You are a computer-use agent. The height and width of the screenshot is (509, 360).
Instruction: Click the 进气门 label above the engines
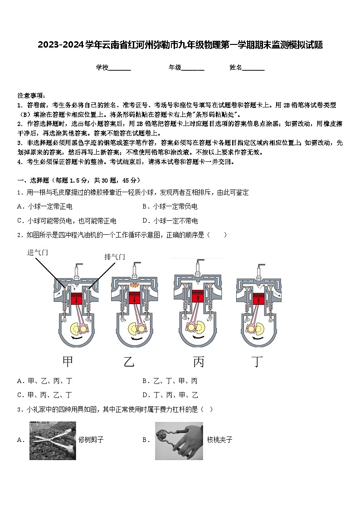click(38, 252)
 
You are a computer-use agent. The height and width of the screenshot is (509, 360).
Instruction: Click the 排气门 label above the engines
click(114, 257)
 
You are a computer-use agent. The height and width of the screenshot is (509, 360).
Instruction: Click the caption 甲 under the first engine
click(68, 361)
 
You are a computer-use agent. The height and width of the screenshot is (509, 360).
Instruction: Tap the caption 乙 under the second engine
click(129, 361)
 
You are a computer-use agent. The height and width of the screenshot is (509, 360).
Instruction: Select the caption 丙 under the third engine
click(199, 361)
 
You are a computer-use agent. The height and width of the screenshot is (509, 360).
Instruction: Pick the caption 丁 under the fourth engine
click(258, 361)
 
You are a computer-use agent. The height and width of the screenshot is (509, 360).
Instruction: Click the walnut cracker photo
click(179, 441)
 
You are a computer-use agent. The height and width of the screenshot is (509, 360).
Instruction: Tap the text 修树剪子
click(91, 440)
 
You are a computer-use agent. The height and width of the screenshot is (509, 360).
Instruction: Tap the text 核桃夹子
click(219, 440)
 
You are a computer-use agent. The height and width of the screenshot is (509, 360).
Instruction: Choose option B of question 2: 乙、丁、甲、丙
click(170, 381)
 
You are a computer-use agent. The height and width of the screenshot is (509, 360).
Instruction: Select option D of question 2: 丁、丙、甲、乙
click(170, 395)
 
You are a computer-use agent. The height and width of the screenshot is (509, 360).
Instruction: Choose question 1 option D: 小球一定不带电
click(170, 221)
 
